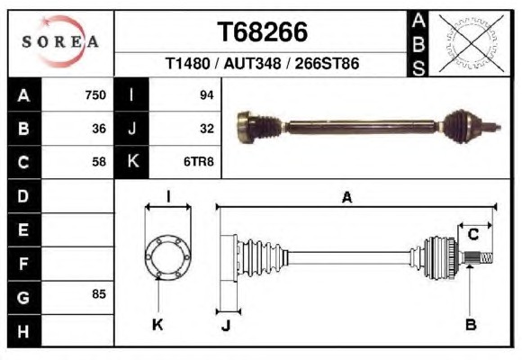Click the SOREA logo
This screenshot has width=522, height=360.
click(60, 41)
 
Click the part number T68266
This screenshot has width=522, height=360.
click(262, 32)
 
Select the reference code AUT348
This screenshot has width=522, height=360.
click(252, 63)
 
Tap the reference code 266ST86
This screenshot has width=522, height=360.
click(327, 63)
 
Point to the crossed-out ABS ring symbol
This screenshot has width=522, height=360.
click(470, 43)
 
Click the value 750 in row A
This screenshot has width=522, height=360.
click(95, 95)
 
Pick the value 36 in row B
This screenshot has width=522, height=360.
click(99, 129)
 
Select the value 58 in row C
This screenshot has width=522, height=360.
click(99, 162)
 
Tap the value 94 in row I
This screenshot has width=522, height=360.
click(207, 95)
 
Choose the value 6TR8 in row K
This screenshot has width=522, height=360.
click(198, 162)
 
